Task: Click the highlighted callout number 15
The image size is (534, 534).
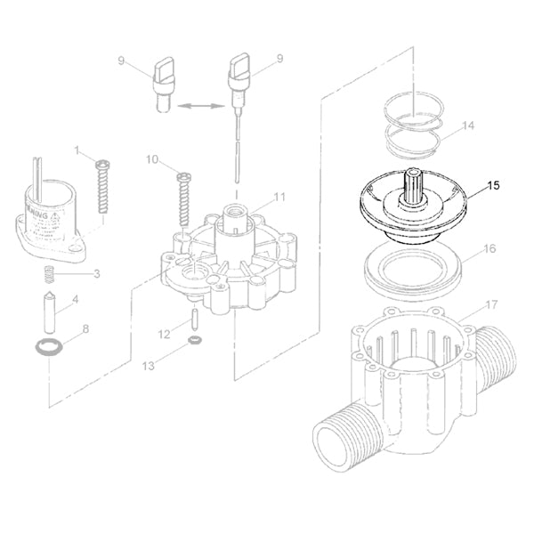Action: pyautogui.click(x=494, y=186)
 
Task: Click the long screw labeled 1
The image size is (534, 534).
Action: pyautogui.click(x=102, y=186)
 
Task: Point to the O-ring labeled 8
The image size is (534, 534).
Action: pyautogui.click(x=46, y=346)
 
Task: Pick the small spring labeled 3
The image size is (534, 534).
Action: pyautogui.click(x=49, y=273)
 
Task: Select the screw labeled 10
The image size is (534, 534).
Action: pyautogui.click(x=184, y=198)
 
